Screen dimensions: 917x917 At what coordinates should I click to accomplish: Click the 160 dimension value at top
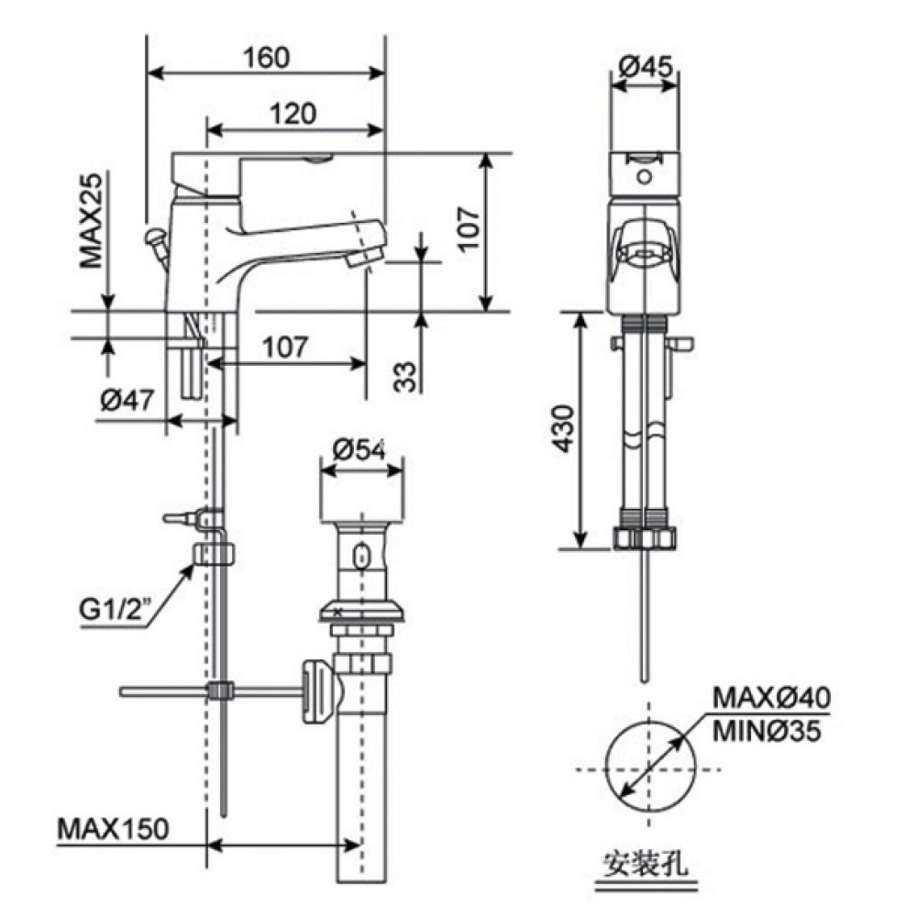[x=266, y=57]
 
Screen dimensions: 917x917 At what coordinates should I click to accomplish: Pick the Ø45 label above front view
[x=645, y=66]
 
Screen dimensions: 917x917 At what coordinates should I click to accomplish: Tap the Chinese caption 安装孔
[x=646, y=862]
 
